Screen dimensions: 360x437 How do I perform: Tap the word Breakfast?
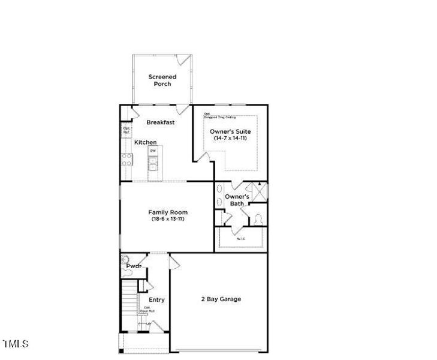(161, 122)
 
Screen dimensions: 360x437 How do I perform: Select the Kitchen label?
(145, 142)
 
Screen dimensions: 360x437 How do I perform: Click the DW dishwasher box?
(153, 151)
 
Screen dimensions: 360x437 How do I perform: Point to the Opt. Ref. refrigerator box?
(126, 130)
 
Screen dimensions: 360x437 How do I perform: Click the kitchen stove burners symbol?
(126, 159)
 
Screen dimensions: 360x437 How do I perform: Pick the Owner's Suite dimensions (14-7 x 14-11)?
(230, 138)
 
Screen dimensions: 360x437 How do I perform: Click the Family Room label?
(168, 212)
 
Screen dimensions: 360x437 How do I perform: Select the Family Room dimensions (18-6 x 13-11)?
(168, 219)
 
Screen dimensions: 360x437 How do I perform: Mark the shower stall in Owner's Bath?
(260, 192)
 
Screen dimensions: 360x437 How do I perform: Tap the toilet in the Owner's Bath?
(259, 220)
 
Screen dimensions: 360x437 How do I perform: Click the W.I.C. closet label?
(241, 239)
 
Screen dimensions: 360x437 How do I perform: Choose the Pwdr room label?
(134, 265)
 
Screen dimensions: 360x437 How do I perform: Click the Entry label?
(157, 299)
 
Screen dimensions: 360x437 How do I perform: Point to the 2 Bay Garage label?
(221, 299)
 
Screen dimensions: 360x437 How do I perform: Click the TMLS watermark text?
(16, 344)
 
